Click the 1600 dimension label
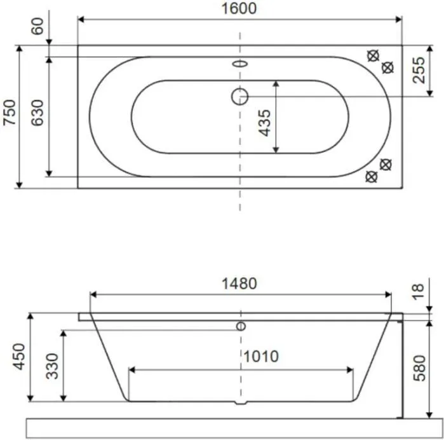click(239, 8)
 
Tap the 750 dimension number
click(10, 113)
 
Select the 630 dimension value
click(37, 113)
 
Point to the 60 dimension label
click(37, 26)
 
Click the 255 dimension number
click(419, 71)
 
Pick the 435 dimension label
click(265, 123)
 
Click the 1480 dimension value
click(239, 284)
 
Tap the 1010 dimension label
click(261, 356)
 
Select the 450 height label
click(19, 357)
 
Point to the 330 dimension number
click(52, 366)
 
